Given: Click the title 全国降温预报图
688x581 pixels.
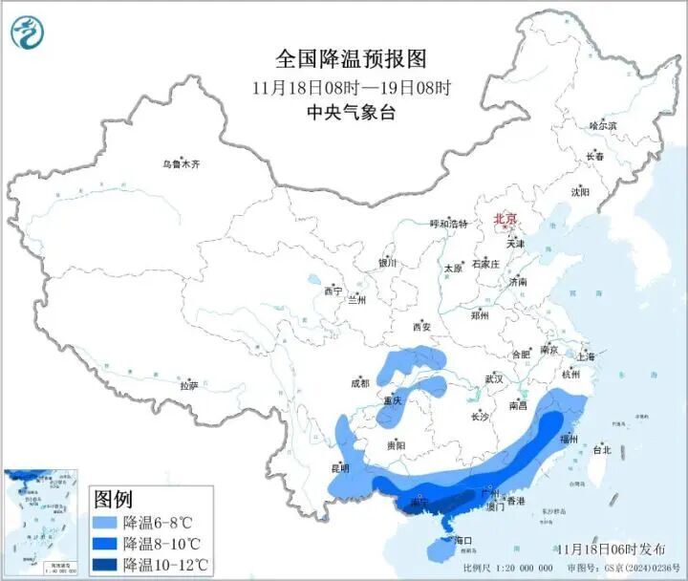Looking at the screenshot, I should pyautogui.click(x=351, y=59).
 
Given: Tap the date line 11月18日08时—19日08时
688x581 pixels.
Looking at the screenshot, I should pyautogui.click(x=351, y=87).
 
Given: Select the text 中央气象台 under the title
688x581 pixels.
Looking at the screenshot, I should pyautogui.click(x=351, y=112).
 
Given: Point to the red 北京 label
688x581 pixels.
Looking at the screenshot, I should pyautogui.click(x=505, y=220).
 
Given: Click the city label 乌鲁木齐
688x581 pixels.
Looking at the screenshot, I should pyautogui.click(x=182, y=164).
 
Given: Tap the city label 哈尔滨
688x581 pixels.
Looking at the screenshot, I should pyautogui.click(x=603, y=125).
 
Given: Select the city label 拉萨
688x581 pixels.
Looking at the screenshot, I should pyautogui.click(x=188, y=385).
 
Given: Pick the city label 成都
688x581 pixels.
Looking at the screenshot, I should pyautogui.click(x=359, y=383).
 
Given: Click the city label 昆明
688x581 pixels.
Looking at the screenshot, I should pyautogui.click(x=339, y=468).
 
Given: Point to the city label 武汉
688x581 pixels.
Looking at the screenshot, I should pyautogui.click(x=493, y=378).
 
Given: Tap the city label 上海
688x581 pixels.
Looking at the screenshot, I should pyautogui.click(x=586, y=356).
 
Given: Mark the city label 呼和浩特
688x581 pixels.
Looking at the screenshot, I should pyautogui.click(x=449, y=224).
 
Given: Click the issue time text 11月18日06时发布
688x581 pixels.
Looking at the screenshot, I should pyautogui.click(x=612, y=549).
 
